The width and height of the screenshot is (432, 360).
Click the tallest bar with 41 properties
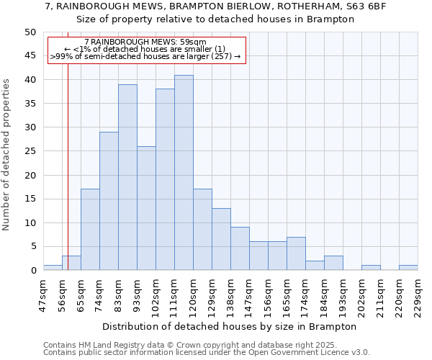pos(184,173)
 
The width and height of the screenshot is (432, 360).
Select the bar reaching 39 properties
pos(127,177)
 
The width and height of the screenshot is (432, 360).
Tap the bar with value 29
pos(109,201)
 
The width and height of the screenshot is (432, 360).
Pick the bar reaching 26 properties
pos(146,208)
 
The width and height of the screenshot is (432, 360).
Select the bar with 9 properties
pos(240,248)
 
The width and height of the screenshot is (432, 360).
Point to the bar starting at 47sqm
pos(53,268)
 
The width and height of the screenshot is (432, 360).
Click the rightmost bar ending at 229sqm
pos(408,268)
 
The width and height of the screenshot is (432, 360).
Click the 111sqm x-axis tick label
pos(174,293)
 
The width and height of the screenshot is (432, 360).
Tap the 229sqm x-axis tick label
pos(418,293)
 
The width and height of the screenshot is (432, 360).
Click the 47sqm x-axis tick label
pos(43,293)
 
